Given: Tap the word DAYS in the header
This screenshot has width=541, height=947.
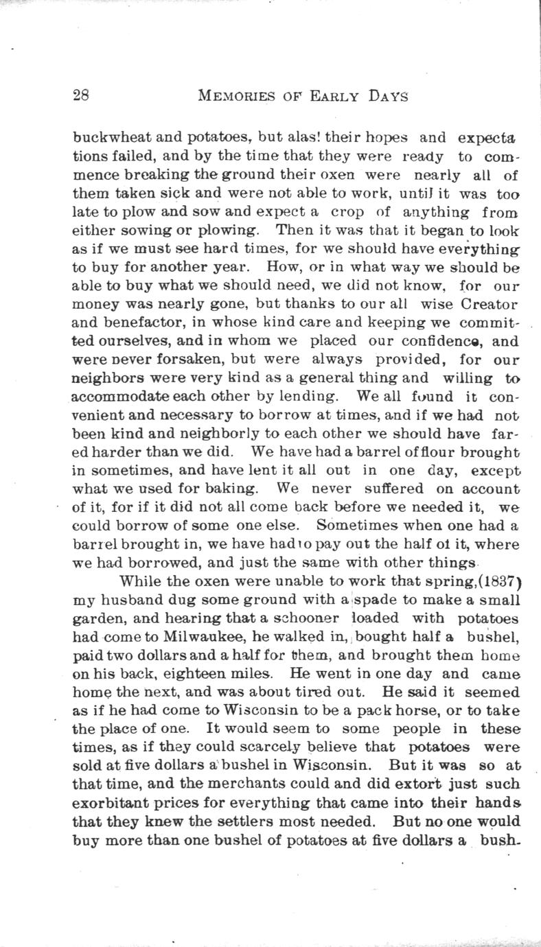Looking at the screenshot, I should pyautogui.click(x=387, y=96).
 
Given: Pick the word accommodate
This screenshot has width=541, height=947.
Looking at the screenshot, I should pyautogui.click(x=130, y=396).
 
